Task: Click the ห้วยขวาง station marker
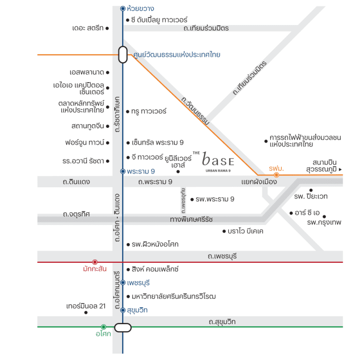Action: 123,8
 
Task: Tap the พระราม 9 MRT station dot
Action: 123,171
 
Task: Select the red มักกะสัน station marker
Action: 95,262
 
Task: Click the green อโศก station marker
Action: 103,327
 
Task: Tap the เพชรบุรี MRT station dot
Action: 123,283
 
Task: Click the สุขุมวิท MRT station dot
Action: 123,310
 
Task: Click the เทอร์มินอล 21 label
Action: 85,306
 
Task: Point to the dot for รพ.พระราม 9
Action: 191,200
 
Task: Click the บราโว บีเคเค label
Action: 245,231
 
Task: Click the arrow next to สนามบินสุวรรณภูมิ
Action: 340,169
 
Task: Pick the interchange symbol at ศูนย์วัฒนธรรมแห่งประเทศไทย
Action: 123,55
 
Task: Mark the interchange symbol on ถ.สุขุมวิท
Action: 123,327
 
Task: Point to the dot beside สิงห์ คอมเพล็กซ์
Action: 128,269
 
